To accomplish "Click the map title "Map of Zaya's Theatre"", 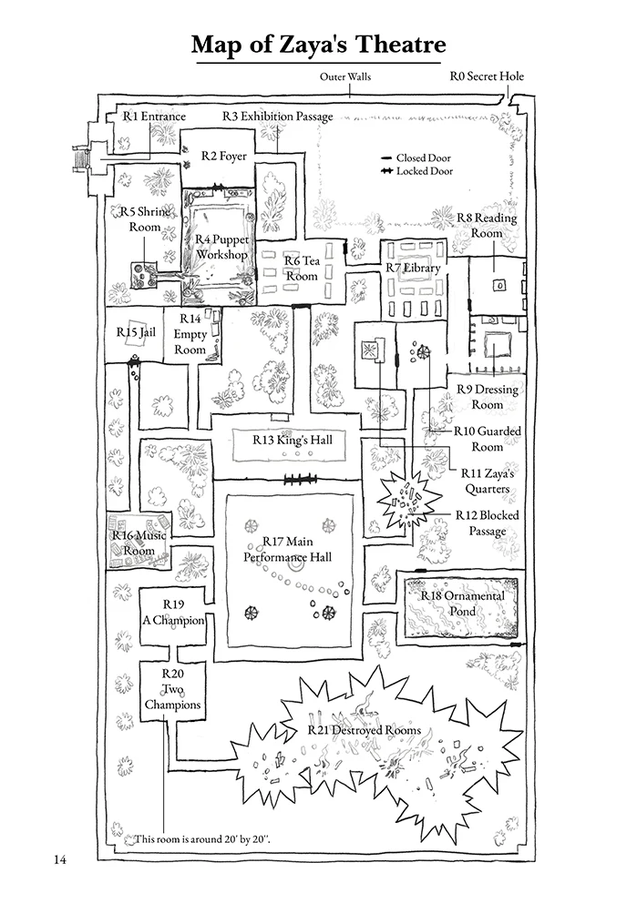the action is point(318,45).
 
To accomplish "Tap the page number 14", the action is point(60,860).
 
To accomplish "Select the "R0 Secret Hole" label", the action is point(487,76).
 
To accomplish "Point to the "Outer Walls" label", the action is point(345,76).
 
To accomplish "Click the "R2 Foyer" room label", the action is point(223,156).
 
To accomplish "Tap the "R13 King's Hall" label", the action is point(293,440).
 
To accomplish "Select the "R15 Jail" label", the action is point(136,332).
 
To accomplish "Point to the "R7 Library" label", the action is point(413,268).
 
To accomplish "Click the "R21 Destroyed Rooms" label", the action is point(365,730).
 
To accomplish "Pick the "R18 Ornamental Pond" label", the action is point(462,604).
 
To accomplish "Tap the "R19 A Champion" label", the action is point(173,613).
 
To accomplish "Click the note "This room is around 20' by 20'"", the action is point(201,839).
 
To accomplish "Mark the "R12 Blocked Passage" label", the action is point(488,523).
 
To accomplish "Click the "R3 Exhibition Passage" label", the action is point(278,117).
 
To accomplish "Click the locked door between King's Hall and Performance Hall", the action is point(300,479).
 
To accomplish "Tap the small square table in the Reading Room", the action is point(499,285).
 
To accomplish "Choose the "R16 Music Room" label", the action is point(139,543).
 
